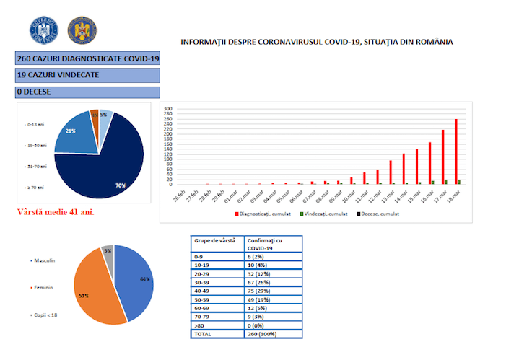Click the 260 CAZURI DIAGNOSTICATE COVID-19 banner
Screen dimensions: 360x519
pos(87,57)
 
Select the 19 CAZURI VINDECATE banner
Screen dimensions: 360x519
pos(87,74)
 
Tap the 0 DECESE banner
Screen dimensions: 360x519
pos(87,92)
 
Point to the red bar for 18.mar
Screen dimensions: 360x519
pos(456,152)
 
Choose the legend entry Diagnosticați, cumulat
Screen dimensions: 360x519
pos(263,214)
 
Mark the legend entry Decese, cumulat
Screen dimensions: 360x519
pos(380,214)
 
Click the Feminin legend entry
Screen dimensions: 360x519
pos(43,287)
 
